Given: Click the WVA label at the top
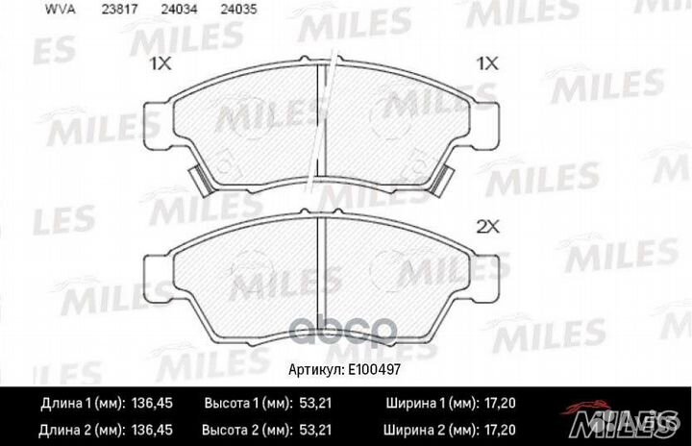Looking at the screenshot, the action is (x=61, y=10).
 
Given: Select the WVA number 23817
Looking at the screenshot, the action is (x=119, y=10).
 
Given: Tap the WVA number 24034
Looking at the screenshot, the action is (x=179, y=10).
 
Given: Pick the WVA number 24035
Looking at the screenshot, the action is (x=238, y=10).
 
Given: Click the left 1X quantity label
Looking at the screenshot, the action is (x=161, y=64).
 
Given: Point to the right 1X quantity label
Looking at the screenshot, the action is (x=487, y=64).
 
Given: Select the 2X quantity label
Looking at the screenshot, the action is (x=488, y=227).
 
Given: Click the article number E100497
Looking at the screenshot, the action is (x=374, y=369).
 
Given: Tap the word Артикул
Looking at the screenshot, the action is (x=316, y=369).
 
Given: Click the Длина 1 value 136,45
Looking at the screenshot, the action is (x=152, y=403).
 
